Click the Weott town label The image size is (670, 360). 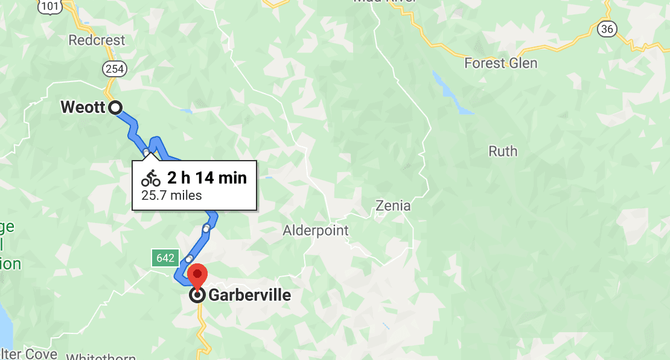click(x=83, y=108)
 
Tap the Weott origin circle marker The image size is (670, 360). click(x=115, y=108)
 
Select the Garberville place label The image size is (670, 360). click(x=249, y=295)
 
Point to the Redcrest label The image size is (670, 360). click(x=97, y=40)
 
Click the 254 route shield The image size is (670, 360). click(x=114, y=69)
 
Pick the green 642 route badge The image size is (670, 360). click(x=164, y=259)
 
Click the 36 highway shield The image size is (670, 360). click(x=608, y=29)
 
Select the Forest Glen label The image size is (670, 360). click(x=500, y=63)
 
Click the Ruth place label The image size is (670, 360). click(x=502, y=151)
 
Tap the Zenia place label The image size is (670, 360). click(x=392, y=205)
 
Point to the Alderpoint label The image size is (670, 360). click(x=316, y=230)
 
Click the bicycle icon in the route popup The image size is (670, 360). click(x=151, y=178)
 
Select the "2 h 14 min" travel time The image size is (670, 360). click(x=207, y=178)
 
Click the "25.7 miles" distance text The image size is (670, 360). click(x=171, y=195)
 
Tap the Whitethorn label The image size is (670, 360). click(x=101, y=356)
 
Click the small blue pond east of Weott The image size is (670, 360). click(x=185, y=111)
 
